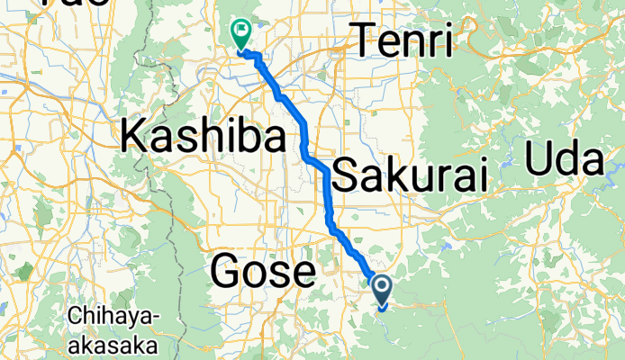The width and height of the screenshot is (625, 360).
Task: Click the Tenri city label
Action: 403,40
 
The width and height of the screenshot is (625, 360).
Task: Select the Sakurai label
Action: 410,175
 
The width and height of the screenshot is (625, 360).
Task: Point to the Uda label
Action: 563,161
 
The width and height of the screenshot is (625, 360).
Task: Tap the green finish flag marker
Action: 241,34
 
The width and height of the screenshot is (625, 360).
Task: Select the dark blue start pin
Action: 382,290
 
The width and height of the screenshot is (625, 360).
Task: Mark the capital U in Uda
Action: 539,161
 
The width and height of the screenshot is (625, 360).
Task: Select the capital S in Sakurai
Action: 346,175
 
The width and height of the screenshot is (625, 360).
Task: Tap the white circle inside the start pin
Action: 382,287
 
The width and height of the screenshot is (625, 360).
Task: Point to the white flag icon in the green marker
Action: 241,31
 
